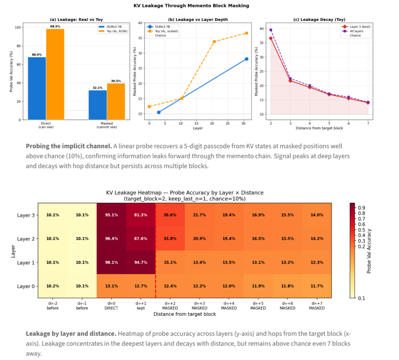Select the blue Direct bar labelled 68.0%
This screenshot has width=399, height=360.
37,88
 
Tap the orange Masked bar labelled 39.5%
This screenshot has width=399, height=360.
116,101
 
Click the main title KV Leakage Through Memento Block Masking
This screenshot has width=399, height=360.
199,5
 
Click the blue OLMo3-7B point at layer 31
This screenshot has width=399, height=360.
247,59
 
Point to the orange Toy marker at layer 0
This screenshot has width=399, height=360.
149,106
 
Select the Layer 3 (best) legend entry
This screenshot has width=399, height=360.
356,27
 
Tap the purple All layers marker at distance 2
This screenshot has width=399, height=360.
271,30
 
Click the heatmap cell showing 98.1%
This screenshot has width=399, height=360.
111,262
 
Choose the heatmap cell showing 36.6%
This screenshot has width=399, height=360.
170,215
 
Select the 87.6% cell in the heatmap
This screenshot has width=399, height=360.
141,239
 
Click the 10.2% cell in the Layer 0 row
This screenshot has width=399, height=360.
53,286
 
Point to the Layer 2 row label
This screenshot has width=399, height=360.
26,239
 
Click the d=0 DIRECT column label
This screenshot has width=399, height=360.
111,305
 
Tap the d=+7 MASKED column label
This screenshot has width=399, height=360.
317,305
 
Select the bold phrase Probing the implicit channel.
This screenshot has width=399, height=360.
69,146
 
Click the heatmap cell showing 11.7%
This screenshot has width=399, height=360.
317,286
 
